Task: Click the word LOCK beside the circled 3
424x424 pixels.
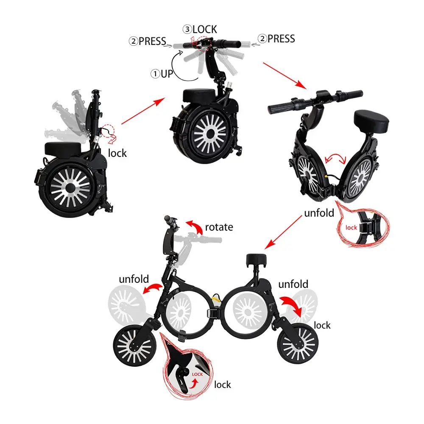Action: (x=205, y=29)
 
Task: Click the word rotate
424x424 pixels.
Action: (x=219, y=227)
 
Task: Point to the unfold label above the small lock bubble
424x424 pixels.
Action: (x=319, y=213)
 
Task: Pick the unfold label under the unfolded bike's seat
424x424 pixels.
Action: (x=293, y=284)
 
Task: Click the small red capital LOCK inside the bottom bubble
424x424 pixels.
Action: (x=198, y=374)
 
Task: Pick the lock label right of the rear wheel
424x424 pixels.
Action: (x=322, y=325)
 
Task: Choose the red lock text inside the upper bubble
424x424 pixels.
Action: (x=351, y=228)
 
